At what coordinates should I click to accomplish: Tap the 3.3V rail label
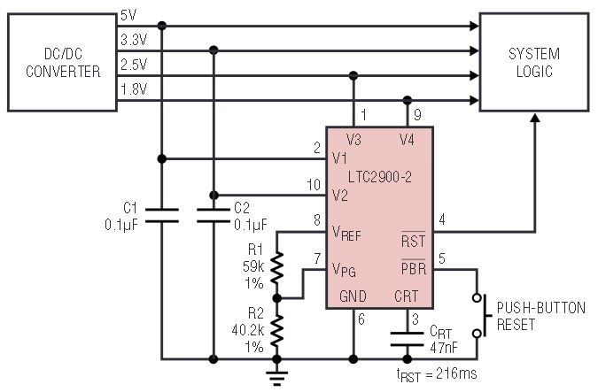[134, 40]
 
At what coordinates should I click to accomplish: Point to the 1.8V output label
[134, 89]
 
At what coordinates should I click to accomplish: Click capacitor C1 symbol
[162, 215]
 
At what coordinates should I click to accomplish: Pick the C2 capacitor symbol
[214, 215]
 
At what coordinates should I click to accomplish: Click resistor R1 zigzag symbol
[277, 267]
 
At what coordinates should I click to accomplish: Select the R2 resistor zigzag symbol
[277, 331]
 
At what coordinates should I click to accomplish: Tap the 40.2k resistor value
[247, 330]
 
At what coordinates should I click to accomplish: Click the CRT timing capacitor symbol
[407, 339]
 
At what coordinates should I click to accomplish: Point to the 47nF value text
[444, 348]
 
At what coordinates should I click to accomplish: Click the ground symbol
[277, 377]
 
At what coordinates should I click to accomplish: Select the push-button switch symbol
[480, 315]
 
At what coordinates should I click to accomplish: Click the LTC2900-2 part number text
[380, 177]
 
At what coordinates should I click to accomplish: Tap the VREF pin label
[346, 233]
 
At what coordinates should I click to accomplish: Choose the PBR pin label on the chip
[414, 268]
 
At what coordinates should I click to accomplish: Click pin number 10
[314, 185]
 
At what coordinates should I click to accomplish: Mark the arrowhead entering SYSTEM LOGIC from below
[535, 118]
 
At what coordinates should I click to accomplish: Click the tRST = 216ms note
[437, 374]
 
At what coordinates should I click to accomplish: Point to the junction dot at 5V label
[162, 26]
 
